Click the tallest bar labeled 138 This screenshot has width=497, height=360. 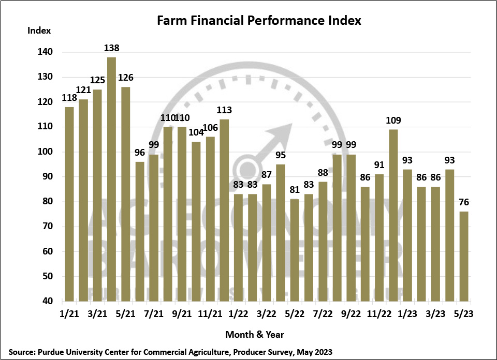(x=111, y=179)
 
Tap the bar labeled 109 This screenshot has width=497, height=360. (x=393, y=215)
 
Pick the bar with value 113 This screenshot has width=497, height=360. (x=224, y=210)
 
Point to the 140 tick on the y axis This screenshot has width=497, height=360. (x=45, y=52)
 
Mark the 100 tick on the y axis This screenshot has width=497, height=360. (x=45, y=152)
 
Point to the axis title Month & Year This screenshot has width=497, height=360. (x=254, y=334)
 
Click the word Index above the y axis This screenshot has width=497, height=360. (x=39, y=30)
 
